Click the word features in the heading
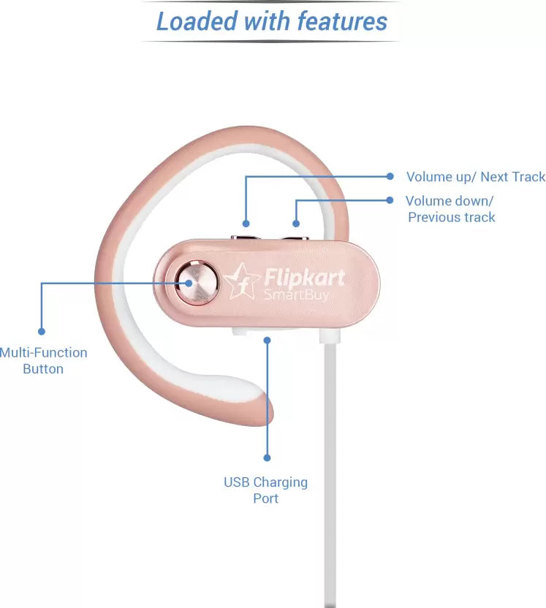pos(341,20)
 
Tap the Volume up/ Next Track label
pos(476,177)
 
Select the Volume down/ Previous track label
pos(450,209)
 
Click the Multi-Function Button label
pos(43,360)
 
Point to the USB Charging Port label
pos(265,490)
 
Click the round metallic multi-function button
pos(195,282)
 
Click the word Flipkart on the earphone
pos(303,278)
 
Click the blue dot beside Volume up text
pos(390,176)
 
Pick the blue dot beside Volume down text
pos(390,200)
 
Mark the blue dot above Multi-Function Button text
pos(42,331)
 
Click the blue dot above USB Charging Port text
pos(267,457)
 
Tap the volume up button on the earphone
pos(246,237)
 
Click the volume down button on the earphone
pos(295,237)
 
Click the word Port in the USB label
pos(265,498)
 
